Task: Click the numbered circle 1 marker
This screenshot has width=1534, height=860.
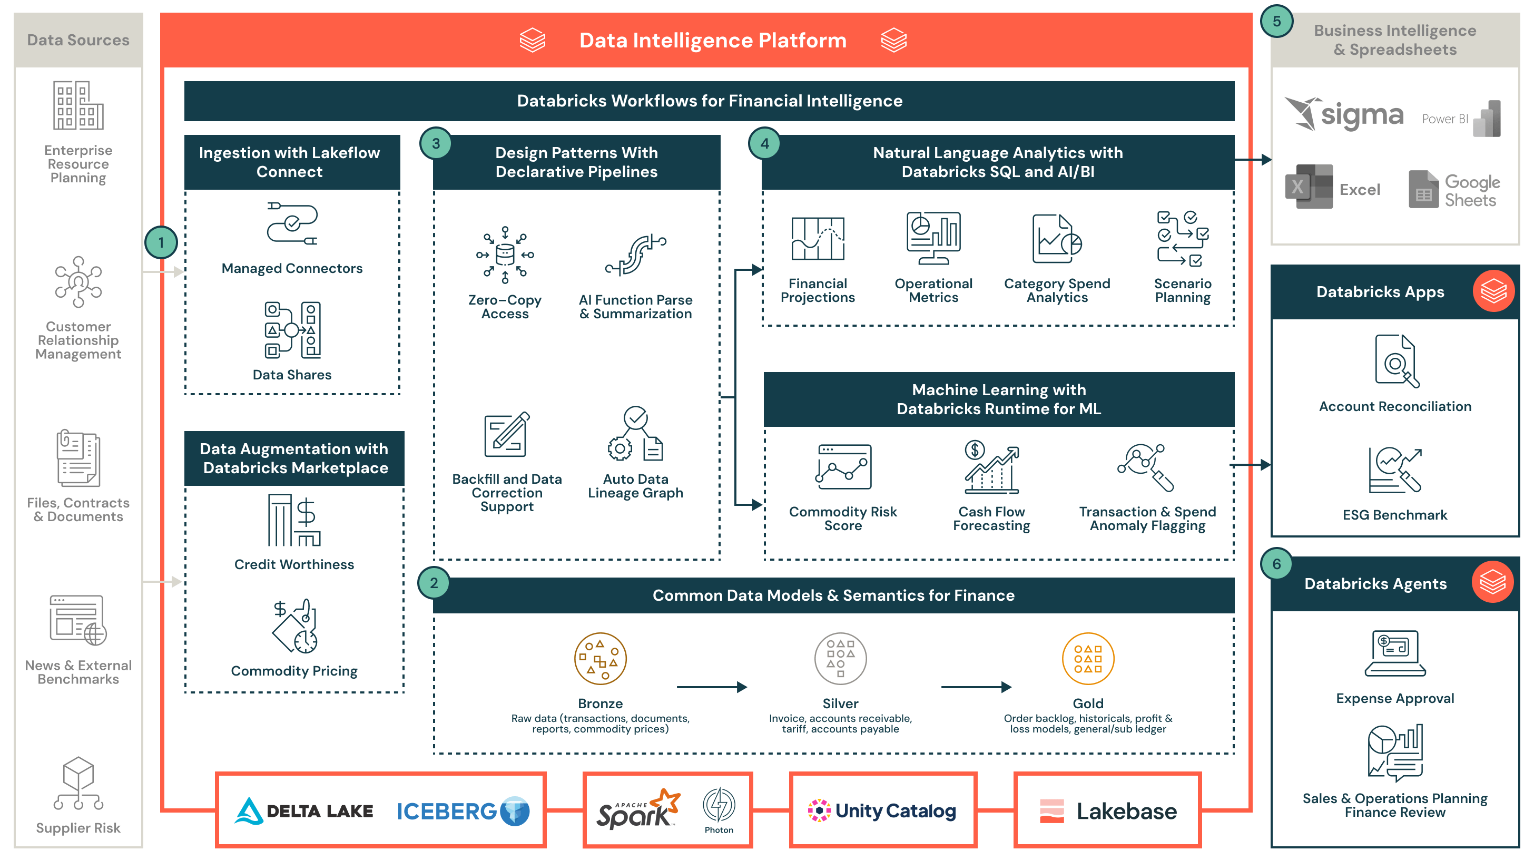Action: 161,242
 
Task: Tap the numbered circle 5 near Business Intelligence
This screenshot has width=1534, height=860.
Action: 1276,22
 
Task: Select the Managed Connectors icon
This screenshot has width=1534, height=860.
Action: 292,224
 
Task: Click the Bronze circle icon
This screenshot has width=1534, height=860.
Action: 599,659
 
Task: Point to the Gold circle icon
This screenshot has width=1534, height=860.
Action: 1087,659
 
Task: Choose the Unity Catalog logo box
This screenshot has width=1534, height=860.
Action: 882,810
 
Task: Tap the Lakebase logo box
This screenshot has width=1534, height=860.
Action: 1108,810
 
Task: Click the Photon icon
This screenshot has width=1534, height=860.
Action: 719,805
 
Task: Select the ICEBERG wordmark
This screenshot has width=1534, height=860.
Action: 447,811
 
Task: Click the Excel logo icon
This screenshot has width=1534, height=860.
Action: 1309,187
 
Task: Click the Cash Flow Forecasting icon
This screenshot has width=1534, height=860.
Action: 991,467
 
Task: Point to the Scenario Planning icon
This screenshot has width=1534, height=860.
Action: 1182,238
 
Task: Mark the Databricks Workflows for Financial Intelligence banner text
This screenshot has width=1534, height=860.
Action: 709,101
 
